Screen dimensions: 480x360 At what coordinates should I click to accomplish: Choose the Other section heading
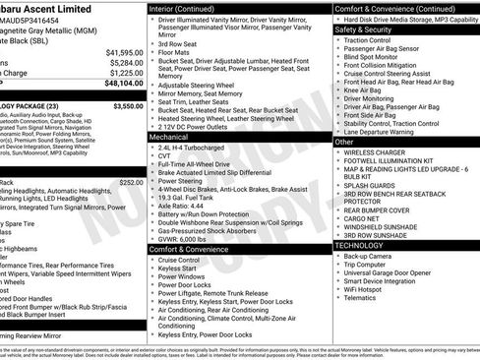coord(344,142)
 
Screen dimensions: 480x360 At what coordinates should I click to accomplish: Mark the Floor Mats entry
coord(174,52)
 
